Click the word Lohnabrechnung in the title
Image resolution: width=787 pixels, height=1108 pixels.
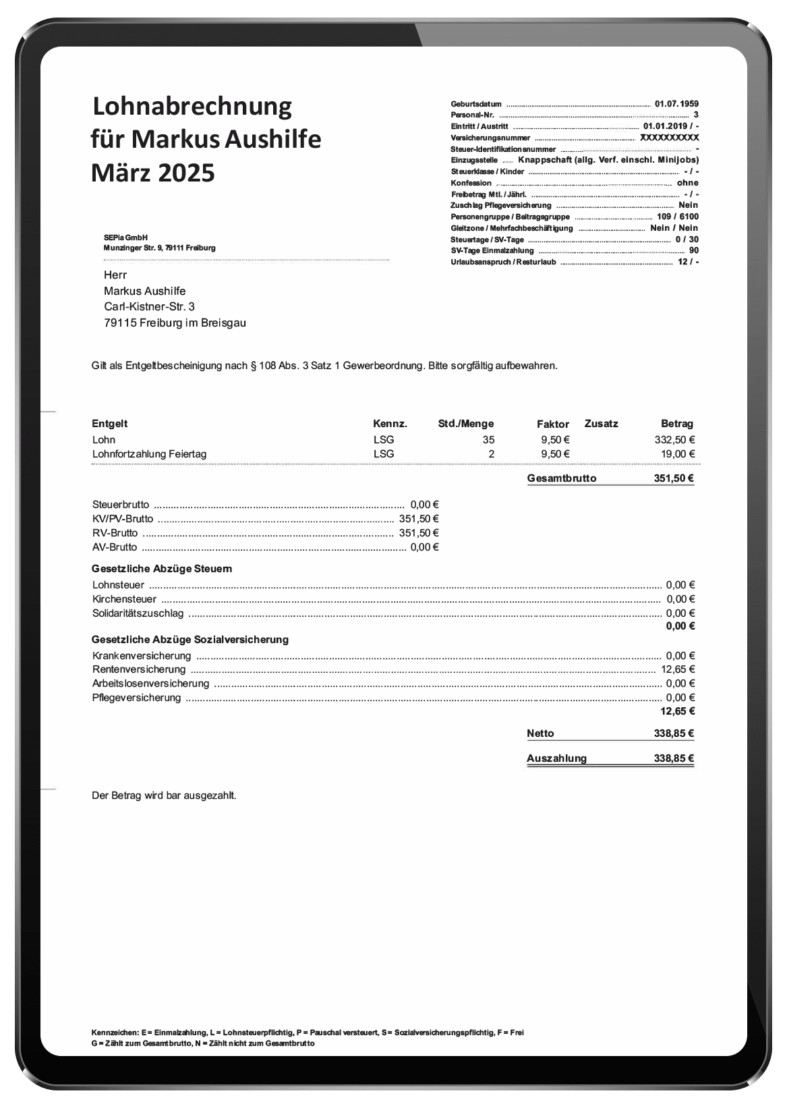pyautogui.click(x=192, y=107)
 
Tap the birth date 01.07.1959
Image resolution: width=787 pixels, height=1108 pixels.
pyautogui.click(x=676, y=104)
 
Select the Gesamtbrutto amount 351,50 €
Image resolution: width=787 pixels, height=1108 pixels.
pyautogui.click(x=674, y=478)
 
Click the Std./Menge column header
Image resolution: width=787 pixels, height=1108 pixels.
pyautogui.click(x=465, y=424)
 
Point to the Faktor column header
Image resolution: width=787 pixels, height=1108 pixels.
pyautogui.click(x=553, y=424)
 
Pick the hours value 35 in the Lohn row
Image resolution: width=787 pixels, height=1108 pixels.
pyautogui.click(x=488, y=440)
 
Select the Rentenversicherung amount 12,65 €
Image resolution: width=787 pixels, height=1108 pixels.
pyautogui.click(x=678, y=669)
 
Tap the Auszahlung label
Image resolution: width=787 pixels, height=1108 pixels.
pyautogui.click(x=556, y=758)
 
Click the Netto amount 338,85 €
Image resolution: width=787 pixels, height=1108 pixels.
pyautogui.click(x=674, y=733)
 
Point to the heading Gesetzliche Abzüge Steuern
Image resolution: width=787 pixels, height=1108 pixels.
pyautogui.click(x=162, y=569)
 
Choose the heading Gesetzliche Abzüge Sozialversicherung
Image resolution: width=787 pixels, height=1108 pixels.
pyautogui.click(x=190, y=639)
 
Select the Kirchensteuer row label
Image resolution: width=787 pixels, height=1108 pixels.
pyautogui.click(x=124, y=599)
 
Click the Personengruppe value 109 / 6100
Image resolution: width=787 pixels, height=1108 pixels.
pyautogui.click(x=677, y=217)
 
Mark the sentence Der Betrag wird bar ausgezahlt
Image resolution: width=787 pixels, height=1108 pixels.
pyautogui.click(x=164, y=796)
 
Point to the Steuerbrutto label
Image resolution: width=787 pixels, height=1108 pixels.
pyautogui.click(x=121, y=504)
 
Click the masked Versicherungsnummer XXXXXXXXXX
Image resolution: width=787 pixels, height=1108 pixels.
pyautogui.click(x=669, y=138)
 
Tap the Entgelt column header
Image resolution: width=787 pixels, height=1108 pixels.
pyautogui.click(x=109, y=424)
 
